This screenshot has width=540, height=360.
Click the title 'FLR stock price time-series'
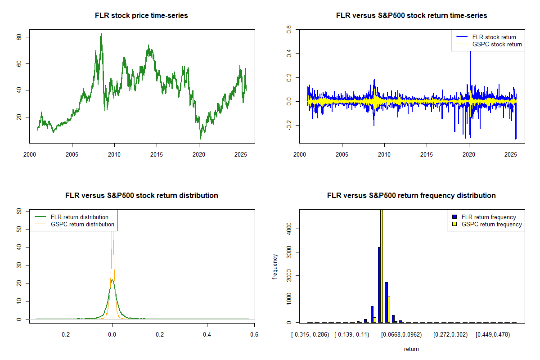141,16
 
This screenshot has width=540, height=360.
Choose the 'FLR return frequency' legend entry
489,217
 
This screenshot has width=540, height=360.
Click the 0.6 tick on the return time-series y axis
289,30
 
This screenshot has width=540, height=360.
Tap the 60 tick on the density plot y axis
19,211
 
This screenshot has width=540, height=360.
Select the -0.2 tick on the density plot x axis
65,335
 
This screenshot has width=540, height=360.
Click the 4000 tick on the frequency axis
289,228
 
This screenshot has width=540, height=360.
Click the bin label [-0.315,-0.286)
311,335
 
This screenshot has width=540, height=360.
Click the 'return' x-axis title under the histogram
411,349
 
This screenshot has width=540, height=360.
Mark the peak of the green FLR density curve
112,280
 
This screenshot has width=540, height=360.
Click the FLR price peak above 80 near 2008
101,34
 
